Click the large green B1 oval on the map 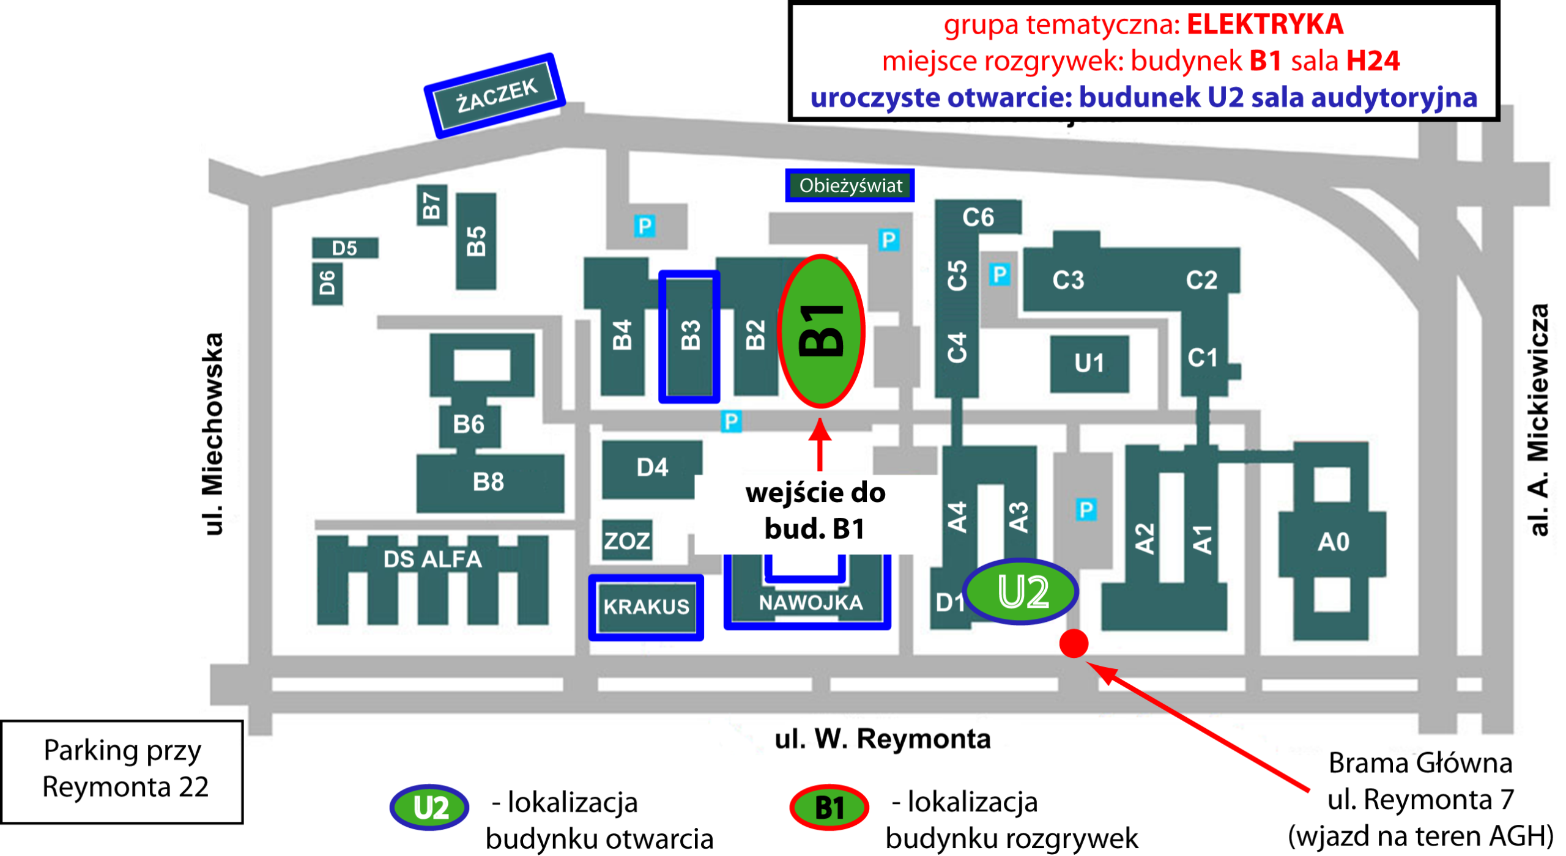point(821,331)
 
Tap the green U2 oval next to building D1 point(1021,591)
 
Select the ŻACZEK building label point(496,95)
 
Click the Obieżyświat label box point(850,185)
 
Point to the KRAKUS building point(646,607)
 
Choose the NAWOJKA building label point(810,603)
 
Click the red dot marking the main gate point(1074,643)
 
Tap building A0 point(1333,542)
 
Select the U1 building point(1089,363)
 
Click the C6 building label point(978,217)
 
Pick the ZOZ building point(626,541)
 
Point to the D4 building point(651,468)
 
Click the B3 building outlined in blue point(689,336)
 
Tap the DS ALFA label point(432,559)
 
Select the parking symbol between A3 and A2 point(1086,509)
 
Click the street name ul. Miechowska point(212,434)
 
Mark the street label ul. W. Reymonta point(882,739)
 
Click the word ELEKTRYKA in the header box point(1264,24)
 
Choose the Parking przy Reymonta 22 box point(122,770)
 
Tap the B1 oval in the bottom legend point(829,808)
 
